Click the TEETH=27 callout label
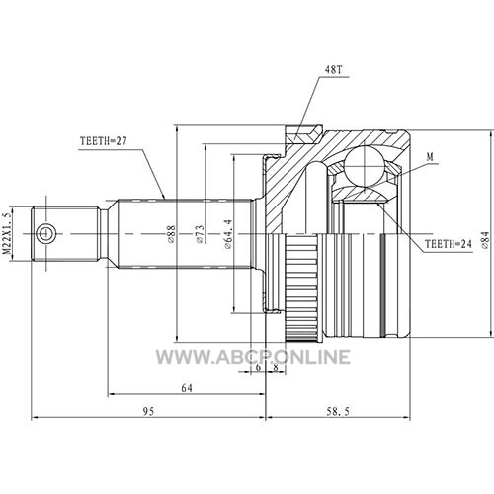pos(103,141)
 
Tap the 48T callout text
pos(334,69)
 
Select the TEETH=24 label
pos(449,244)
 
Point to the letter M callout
pos(430,157)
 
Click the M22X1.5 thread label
pos(7,234)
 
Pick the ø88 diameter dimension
pos(171,234)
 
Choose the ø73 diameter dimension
pos(200,234)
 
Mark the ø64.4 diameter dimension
pos(228,234)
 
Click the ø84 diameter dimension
pos(485,240)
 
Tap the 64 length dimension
pos(187,388)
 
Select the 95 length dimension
pos(148,411)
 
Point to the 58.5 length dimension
pos(338,411)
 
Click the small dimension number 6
pos(258,367)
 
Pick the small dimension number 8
pos(276,367)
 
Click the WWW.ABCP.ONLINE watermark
pos(253,357)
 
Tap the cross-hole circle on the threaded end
pos(45,234)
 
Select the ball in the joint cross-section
pos(365,167)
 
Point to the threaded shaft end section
pos(66,234)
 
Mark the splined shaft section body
pos(185,234)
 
